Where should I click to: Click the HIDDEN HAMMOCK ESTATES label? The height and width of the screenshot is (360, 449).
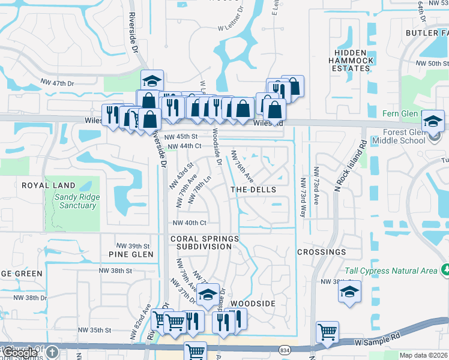click(351, 61)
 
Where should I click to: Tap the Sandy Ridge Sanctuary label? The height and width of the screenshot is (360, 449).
click(75, 201)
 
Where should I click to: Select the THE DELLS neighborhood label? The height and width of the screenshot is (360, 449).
click(254, 190)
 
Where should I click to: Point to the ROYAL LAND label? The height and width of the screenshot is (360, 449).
click(49, 185)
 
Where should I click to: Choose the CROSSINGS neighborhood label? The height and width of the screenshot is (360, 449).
click(321, 252)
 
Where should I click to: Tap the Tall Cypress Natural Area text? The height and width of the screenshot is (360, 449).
click(391, 271)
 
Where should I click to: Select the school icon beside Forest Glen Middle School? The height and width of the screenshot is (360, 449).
click(433, 121)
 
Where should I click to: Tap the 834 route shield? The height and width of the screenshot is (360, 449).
click(285, 349)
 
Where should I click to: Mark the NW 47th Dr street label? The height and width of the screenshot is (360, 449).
click(57, 82)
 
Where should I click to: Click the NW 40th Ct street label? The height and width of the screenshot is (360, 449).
click(189, 223)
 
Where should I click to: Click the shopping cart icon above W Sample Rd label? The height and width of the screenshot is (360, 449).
click(328, 332)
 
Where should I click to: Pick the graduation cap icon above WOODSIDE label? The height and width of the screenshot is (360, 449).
click(208, 295)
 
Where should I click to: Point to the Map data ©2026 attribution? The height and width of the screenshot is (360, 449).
click(423, 355)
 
